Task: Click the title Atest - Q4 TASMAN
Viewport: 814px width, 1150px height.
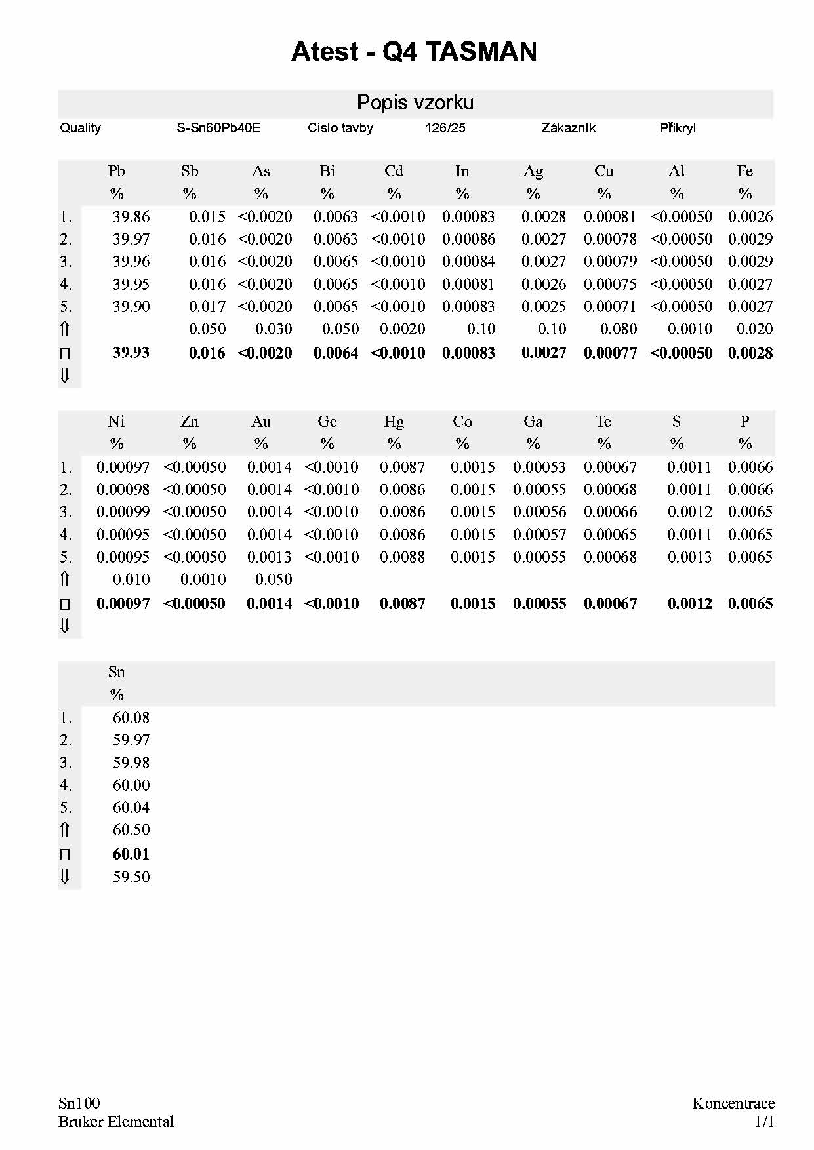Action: [413, 52]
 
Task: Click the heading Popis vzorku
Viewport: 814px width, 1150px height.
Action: [415, 103]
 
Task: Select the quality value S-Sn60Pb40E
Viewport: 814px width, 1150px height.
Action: [218, 128]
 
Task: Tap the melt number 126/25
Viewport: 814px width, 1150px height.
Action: [445, 128]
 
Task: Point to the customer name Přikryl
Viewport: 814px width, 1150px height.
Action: [678, 128]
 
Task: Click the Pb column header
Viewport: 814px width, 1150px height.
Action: [116, 171]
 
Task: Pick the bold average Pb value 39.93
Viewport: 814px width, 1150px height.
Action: [131, 353]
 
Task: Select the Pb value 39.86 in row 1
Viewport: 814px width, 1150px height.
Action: [131, 216]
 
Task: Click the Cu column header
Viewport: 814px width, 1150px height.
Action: [603, 171]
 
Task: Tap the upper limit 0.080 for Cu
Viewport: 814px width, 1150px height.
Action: [619, 329]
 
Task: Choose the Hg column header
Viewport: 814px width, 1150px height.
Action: [394, 422]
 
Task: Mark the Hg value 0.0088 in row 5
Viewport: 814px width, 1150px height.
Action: [402, 557]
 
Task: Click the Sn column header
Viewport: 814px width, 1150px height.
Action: [116, 672]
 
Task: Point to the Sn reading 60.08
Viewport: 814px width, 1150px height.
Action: [131, 718]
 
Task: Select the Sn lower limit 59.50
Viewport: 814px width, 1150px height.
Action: [131, 877]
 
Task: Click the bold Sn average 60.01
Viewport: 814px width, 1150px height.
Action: [131, 854]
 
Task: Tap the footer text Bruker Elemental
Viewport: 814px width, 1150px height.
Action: [116, 1122]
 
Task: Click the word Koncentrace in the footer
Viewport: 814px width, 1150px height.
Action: [733, 1103]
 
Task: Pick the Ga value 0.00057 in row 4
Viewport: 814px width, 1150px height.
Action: [539, 535]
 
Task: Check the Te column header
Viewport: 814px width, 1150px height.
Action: [603, 422]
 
